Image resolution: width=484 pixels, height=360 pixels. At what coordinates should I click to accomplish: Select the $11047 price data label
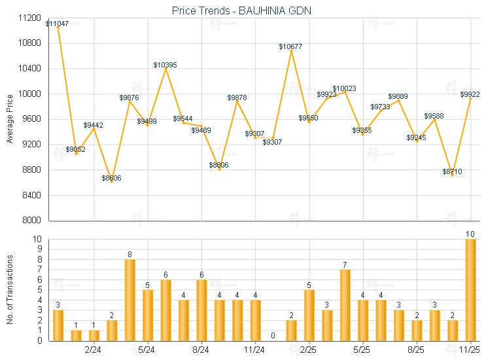57,24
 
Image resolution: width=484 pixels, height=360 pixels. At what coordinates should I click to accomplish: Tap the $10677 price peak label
290,46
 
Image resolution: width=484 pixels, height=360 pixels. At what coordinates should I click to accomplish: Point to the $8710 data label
452,171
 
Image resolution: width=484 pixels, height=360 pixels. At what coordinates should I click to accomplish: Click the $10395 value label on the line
165,65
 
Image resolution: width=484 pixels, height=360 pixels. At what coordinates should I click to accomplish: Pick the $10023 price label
344,88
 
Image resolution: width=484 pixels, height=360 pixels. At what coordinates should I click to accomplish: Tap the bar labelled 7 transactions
345,305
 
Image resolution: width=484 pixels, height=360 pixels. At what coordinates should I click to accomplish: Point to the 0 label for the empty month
273,336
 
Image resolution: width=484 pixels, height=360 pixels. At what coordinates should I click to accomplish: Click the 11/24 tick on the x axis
255,350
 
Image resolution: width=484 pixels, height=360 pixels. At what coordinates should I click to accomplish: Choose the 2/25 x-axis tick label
309,350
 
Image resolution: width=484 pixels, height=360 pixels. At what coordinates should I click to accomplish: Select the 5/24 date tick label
148,350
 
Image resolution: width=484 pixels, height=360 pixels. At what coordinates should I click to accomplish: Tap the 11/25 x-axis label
470,350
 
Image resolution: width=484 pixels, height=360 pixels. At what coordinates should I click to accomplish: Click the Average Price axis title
9,119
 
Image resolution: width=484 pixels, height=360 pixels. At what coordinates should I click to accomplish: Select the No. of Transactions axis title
9,289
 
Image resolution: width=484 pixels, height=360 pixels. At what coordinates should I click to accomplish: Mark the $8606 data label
111,178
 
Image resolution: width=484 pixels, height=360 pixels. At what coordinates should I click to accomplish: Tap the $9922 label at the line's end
470,94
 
